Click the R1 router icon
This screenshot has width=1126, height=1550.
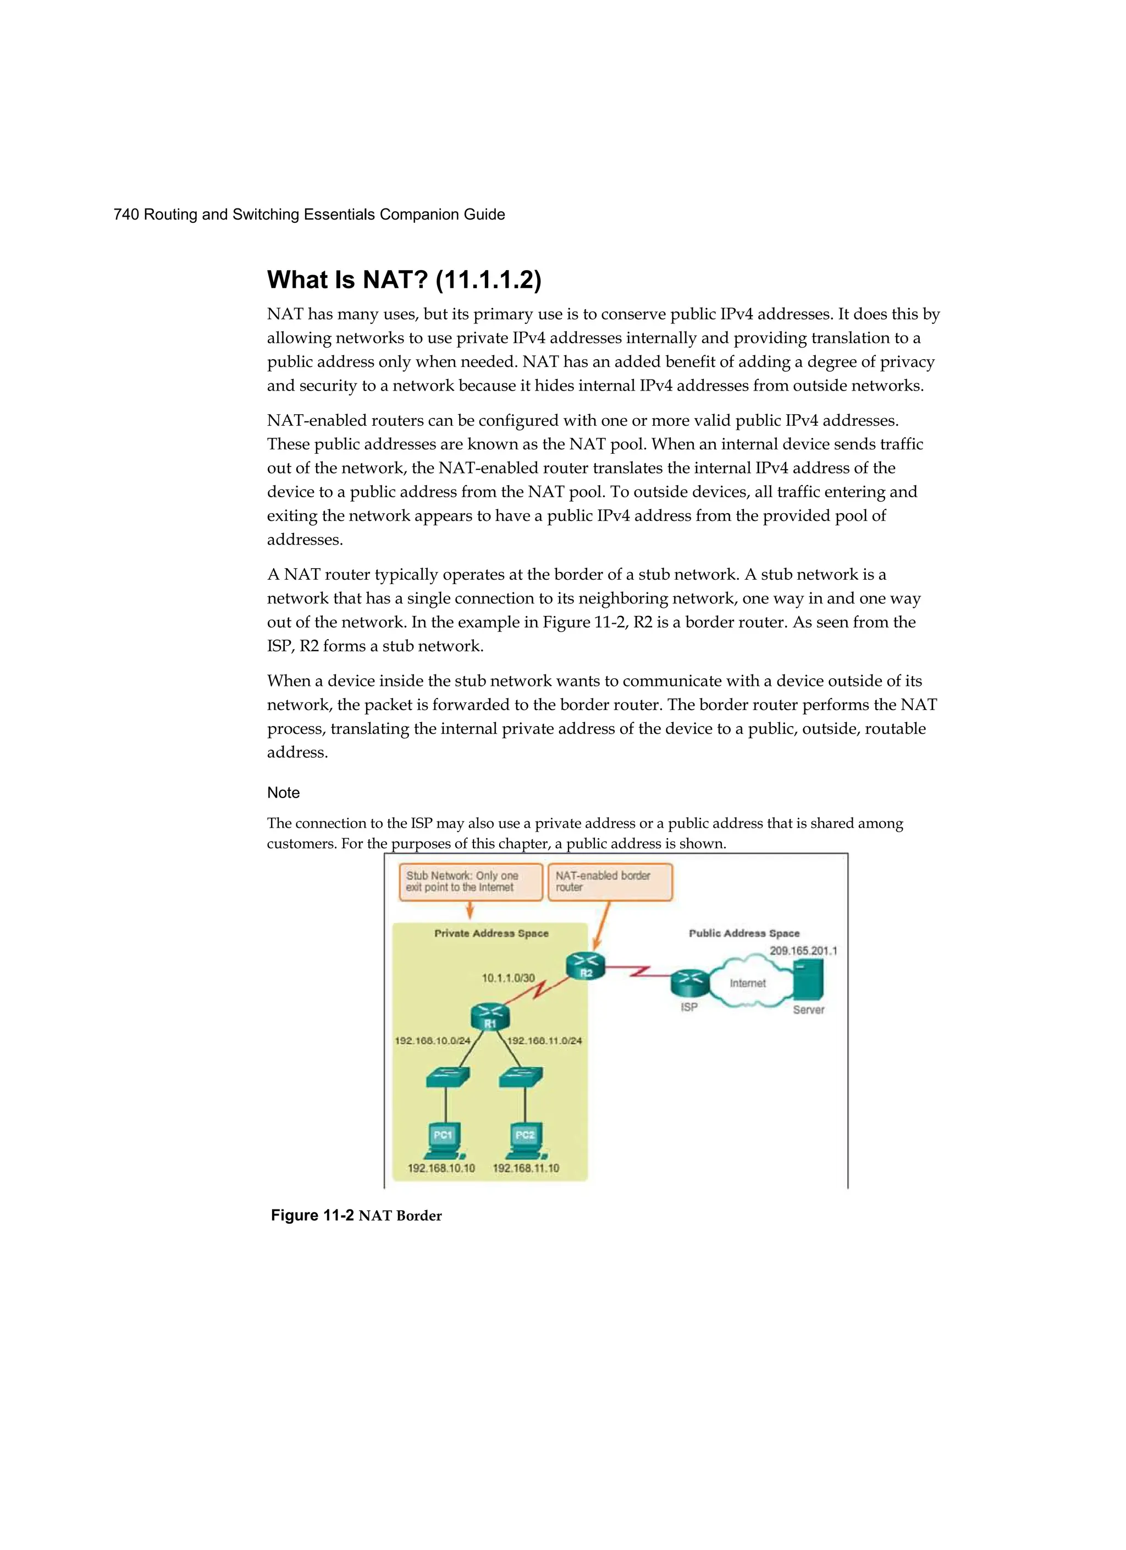tap(490, 1017)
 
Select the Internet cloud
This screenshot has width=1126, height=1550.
tap(748, 983)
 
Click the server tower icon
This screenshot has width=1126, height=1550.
tap(809, 980)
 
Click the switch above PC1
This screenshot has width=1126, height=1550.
tap(448, 1078)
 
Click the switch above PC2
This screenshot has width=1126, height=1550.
tap(521, 1078)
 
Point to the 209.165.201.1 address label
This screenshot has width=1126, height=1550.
tap(803, 950)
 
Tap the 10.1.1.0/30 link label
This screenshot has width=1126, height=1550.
tap(509, 978)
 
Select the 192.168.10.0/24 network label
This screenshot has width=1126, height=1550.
tap(433, 1041)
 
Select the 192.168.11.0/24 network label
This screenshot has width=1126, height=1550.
tap(544, 1041)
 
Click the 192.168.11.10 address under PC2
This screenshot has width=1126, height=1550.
tap(526, 1168)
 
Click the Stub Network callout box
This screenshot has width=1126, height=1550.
tap(470, 882)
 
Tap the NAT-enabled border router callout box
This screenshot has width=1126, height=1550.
tap(610, 882)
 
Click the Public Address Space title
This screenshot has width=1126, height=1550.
tap(743, 933)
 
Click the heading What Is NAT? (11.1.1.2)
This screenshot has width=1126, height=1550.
tap(404, 280)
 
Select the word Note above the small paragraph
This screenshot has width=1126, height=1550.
tap(283, 793)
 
